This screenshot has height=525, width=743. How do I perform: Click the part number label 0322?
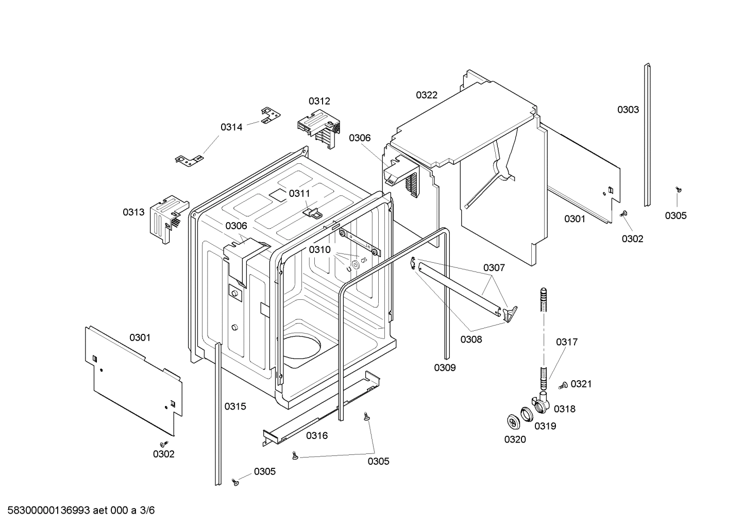click(427, 95)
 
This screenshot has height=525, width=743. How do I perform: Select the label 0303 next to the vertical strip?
click(628, 109)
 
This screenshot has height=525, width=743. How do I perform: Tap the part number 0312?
click(319, 101)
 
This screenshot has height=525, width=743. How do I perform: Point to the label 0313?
click(133, 212)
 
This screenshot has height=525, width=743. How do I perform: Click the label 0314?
click(231, 127)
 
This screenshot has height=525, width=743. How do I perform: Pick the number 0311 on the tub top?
click(299, 193)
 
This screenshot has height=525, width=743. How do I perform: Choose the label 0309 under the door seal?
click(445, 367)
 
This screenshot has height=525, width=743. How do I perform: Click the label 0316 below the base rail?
click(317, 435)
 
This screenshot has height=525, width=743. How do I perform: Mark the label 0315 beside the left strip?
click(235, 406)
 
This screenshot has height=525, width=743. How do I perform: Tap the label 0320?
click(515, 439)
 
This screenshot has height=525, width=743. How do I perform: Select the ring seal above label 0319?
click(526, 414)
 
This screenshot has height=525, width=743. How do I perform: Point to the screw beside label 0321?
click(563, 385)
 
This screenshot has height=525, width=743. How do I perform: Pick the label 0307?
click(494, 267)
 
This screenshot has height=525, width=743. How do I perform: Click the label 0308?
click(471, 339)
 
